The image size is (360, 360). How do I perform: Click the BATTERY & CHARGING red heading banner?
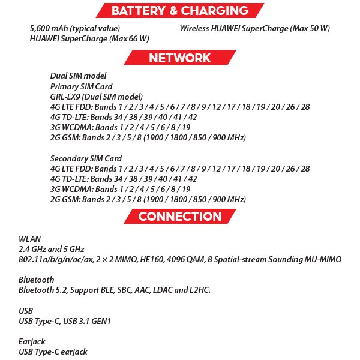(x=179, y=10)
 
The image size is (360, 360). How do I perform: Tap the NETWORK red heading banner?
(x=179, y=58)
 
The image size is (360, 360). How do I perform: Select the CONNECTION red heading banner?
(x=179, y=216)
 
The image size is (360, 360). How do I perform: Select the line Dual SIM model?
(x=79, y=76)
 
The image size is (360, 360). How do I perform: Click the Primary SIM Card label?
(x=81, y=86)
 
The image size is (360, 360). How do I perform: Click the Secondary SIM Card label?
(x=86, y=158)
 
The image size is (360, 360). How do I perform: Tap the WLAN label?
(x=29, y=239)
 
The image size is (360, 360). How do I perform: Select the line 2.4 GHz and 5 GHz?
(x=52, y=249)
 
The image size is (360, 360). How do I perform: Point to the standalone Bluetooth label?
(x=36, y=280)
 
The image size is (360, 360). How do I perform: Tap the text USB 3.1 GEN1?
(x=89, y=321)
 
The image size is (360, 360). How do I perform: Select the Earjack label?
(x=32, y=341)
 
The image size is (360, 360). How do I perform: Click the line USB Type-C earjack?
(x=53, y=352)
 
